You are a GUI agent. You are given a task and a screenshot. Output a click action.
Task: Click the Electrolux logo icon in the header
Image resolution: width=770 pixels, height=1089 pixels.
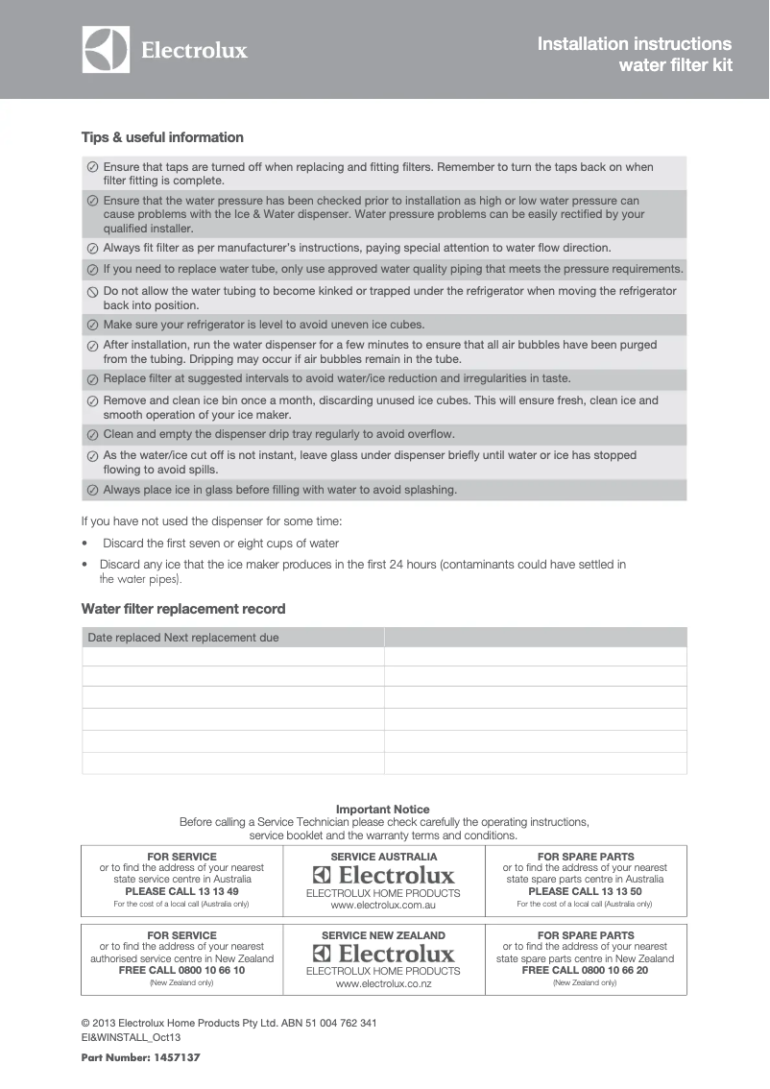pyautogui.click(x=106, y=50)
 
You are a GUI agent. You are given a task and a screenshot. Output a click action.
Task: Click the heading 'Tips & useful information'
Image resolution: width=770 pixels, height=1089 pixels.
pyautogui.click(x=162, y=137)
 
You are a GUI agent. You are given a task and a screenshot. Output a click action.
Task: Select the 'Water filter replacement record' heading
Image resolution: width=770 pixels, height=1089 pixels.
pyautogui.click(x=183, y=609)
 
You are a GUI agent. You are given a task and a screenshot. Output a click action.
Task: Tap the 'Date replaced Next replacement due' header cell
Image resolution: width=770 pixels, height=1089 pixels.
pyautogui.click(x=183, y=638)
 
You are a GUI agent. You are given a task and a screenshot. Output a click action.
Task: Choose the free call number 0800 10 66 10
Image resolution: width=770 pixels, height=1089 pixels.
pyautogui.click(x=205, y=970)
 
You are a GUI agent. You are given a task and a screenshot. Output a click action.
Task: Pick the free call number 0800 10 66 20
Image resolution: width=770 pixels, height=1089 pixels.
pyautogui.click(x=609, y=970)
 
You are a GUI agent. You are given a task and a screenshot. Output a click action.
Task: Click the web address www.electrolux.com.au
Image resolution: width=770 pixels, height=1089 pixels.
pyautogui.click(x=383, y=906)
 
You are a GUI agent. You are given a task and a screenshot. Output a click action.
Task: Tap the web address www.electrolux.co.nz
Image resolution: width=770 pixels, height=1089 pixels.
pyautogui.click(x=383, y=984)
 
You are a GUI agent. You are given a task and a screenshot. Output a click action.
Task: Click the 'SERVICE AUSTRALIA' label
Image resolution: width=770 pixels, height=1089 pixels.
pyautogui.click(x=383, y=857)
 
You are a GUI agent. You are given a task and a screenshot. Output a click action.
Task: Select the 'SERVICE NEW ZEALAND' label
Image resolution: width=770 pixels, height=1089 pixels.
pyautogui.click(x=383, y=935)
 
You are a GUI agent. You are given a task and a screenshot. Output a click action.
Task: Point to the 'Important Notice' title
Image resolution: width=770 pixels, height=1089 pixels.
pyautogui.click(x=383, y=810)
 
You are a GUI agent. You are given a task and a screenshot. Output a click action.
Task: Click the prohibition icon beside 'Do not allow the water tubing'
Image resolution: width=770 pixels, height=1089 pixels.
pyautogui.click(x=92, y=291)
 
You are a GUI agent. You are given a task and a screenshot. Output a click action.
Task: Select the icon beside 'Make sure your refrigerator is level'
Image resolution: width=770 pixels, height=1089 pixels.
pyautogui.click(x=92, y=325)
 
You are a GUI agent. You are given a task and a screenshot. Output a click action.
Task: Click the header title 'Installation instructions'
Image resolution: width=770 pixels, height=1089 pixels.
pyautogui.click(x=634, y=44)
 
